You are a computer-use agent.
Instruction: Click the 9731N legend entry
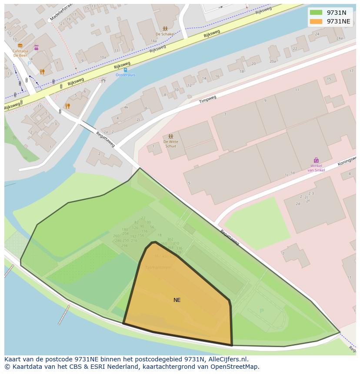pos(336,13)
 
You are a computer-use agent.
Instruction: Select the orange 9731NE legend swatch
pos(316,21)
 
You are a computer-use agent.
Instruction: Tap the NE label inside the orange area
pos(177,300)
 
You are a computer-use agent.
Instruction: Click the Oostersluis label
pos(125,75)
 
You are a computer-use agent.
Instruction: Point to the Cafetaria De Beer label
pos(20,53)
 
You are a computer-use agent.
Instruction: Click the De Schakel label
pos(165,34)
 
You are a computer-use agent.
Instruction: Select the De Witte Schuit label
pos(170,144)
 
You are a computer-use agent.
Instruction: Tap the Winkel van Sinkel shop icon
pos(316,160)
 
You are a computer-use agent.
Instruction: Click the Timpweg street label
pos(207,99)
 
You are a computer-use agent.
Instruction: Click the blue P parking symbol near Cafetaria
pos(29,63)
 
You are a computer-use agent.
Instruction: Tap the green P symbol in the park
pos(261,311)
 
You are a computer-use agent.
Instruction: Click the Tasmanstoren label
pos(158,267)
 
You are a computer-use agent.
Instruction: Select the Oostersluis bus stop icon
pos(125,70)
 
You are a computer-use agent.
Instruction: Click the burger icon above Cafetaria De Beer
pos(20,46)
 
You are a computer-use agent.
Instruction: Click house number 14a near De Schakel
pos(153,41)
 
